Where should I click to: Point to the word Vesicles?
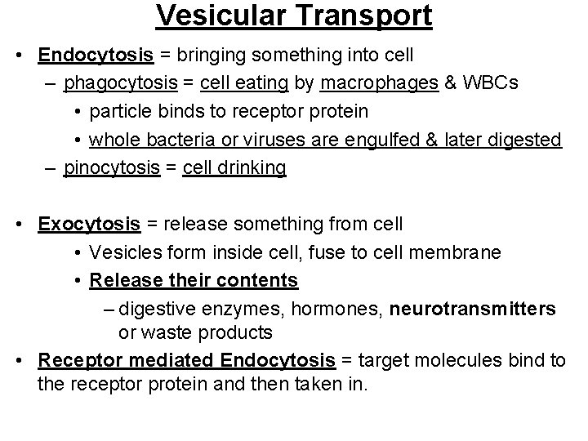(x=122, y=252)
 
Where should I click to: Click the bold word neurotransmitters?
(x=474, y=309)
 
